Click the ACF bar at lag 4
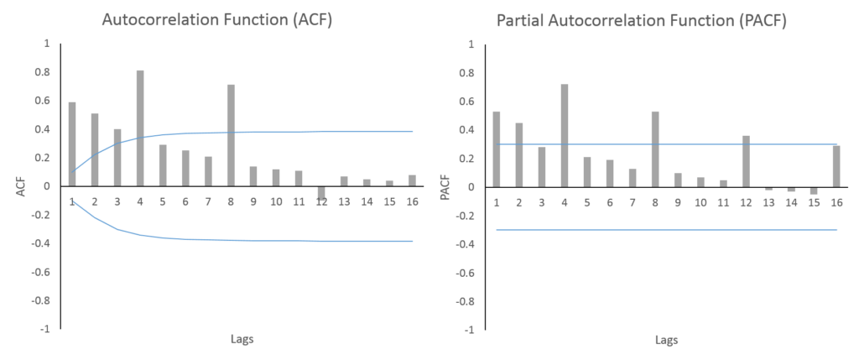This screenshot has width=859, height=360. (140, 128)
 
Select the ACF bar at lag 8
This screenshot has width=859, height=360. (231, 135)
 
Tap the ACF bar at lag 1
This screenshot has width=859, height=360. (72, 144)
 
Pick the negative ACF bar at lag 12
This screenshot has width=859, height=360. (321, 193)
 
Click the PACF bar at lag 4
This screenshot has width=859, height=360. (565, 135)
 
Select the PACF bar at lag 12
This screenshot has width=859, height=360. (746, 161)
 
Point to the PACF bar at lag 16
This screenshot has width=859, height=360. (836, 167)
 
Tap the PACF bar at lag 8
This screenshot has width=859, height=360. (655, 149)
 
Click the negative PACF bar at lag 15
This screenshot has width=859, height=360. (814, 190)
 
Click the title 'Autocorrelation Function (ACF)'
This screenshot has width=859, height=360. (217, 20)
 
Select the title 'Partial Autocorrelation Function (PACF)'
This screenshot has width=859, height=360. (642, 20)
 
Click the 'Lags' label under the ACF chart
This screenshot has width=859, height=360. (242, 339)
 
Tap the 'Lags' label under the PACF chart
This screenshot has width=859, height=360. (666, 340)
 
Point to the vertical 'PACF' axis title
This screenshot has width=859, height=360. (446, 187)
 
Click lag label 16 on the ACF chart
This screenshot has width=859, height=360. (412, 201)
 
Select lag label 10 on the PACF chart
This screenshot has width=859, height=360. (700, 203)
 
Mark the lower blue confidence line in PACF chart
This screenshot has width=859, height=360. (664, 230)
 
